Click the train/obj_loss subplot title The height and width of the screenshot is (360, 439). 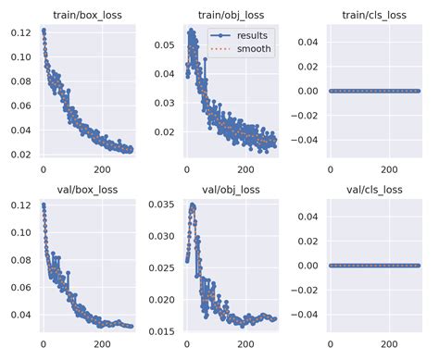[x=231, y=15]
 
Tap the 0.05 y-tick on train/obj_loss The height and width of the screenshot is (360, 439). [x=165, y=43]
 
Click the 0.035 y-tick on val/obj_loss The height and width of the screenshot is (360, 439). [x=163, y=206]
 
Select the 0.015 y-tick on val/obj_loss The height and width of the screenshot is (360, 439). [x=163, y=330]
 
